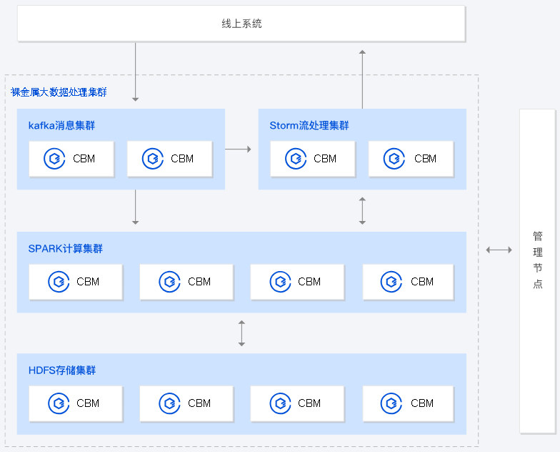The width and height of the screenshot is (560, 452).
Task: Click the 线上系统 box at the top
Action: (x=241, y=24)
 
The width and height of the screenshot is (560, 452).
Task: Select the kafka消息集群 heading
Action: (x=61, y=126)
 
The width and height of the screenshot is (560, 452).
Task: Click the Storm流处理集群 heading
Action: (x=309, y=126)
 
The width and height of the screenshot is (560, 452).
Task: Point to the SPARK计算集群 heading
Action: (x=65, y=249)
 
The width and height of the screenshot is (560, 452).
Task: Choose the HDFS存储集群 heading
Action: (x=62, y=370)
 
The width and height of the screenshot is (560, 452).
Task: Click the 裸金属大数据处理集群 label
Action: (x=59, y=92)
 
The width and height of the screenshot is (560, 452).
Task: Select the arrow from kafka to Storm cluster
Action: (x=238, y=149)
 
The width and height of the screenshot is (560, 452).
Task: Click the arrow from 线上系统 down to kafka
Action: (x=135, y=72)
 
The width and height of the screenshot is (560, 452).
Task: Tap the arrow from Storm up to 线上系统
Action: (x=362, y=79)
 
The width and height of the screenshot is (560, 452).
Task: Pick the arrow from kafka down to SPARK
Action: (x=135, y=209)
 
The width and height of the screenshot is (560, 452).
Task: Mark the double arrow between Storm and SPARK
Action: (x=362, y=210)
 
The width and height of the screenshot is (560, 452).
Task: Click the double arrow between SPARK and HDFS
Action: (x=241, y=333)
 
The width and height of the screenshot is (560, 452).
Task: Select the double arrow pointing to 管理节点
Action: (x=499, y=250)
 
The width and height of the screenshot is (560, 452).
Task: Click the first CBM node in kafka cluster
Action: (x=71, y=159)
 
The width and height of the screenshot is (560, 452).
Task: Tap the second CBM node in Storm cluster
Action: (x=411, y=159)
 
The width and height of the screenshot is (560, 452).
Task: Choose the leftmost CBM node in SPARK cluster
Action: (x=76, y=282)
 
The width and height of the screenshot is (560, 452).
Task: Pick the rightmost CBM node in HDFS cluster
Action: (x=408, y=403)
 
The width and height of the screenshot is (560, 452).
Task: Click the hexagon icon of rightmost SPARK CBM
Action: (x=390, y=282)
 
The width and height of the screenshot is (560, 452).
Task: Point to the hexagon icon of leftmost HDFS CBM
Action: (x=58, y=403)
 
